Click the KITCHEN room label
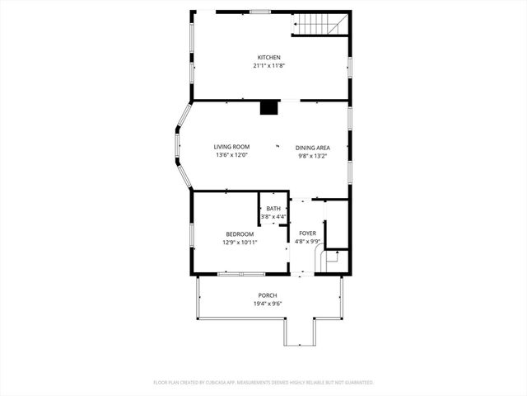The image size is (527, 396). [268, 57]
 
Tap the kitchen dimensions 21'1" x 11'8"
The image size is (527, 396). [268, 65]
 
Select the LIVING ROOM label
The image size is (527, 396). [231, 147]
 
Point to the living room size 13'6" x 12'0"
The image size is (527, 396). [231, 155]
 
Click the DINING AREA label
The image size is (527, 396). [313, 147]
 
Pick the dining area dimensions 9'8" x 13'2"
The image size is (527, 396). [313, 155]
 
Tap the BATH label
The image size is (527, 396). [273, 209]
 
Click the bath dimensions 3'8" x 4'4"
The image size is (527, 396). [273, 217]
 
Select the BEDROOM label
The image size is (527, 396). [240, 234]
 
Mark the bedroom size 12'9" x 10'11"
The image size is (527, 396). [240, 243]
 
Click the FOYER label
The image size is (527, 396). [307, 234]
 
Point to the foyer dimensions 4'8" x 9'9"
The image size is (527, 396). [307, 243]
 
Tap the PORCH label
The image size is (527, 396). [267, 295]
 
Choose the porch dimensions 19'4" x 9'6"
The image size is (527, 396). [267, 304]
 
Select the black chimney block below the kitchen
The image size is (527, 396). [269, 107]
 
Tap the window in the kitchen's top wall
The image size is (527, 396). [260, 12]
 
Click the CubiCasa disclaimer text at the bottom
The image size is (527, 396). [263, 383]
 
